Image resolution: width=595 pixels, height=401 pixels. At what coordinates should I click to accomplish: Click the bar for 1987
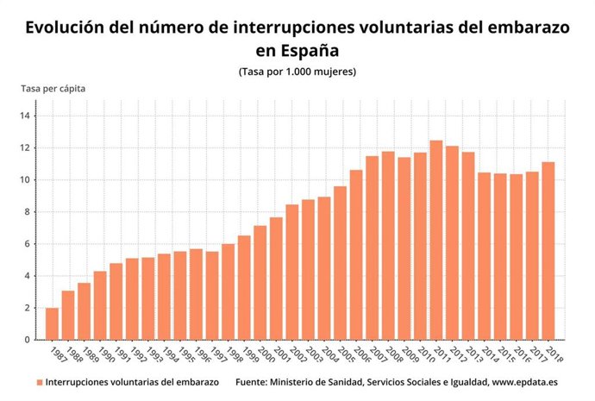(52, 323)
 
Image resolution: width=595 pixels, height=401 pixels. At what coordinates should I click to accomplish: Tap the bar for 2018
(548, 251)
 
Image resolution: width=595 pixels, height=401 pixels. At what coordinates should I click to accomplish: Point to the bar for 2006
(356, 254)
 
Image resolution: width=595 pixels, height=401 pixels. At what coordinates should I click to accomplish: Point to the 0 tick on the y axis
(28, 340)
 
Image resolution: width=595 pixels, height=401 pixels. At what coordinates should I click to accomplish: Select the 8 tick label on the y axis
(28, 212)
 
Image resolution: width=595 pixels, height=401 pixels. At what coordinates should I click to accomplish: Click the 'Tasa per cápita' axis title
(53, 88)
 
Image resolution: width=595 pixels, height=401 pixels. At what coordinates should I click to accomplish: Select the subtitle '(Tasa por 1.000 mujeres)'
(297, 71)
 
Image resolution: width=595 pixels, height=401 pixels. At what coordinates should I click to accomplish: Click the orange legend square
(39, 381)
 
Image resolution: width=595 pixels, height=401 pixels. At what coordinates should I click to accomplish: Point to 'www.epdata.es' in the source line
(522, 381)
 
